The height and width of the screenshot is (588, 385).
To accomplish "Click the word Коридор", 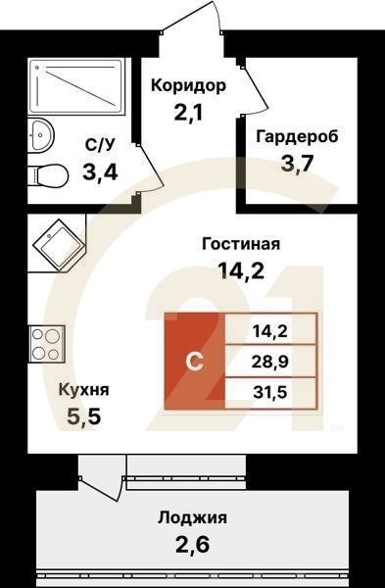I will [188, 85].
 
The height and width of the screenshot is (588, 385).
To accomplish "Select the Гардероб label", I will [297, 136].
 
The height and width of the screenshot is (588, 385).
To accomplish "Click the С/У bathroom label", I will [100, 145].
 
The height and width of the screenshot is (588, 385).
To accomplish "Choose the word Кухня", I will [82, 389].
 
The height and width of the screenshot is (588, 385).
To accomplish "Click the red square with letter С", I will [195, 361].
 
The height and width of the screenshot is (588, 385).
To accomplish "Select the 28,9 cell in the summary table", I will [269, 361].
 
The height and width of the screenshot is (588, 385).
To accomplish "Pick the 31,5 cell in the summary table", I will [269, 393].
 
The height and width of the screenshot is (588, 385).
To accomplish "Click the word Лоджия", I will [191, 518].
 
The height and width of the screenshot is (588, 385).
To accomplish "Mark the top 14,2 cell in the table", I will [269, 329].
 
